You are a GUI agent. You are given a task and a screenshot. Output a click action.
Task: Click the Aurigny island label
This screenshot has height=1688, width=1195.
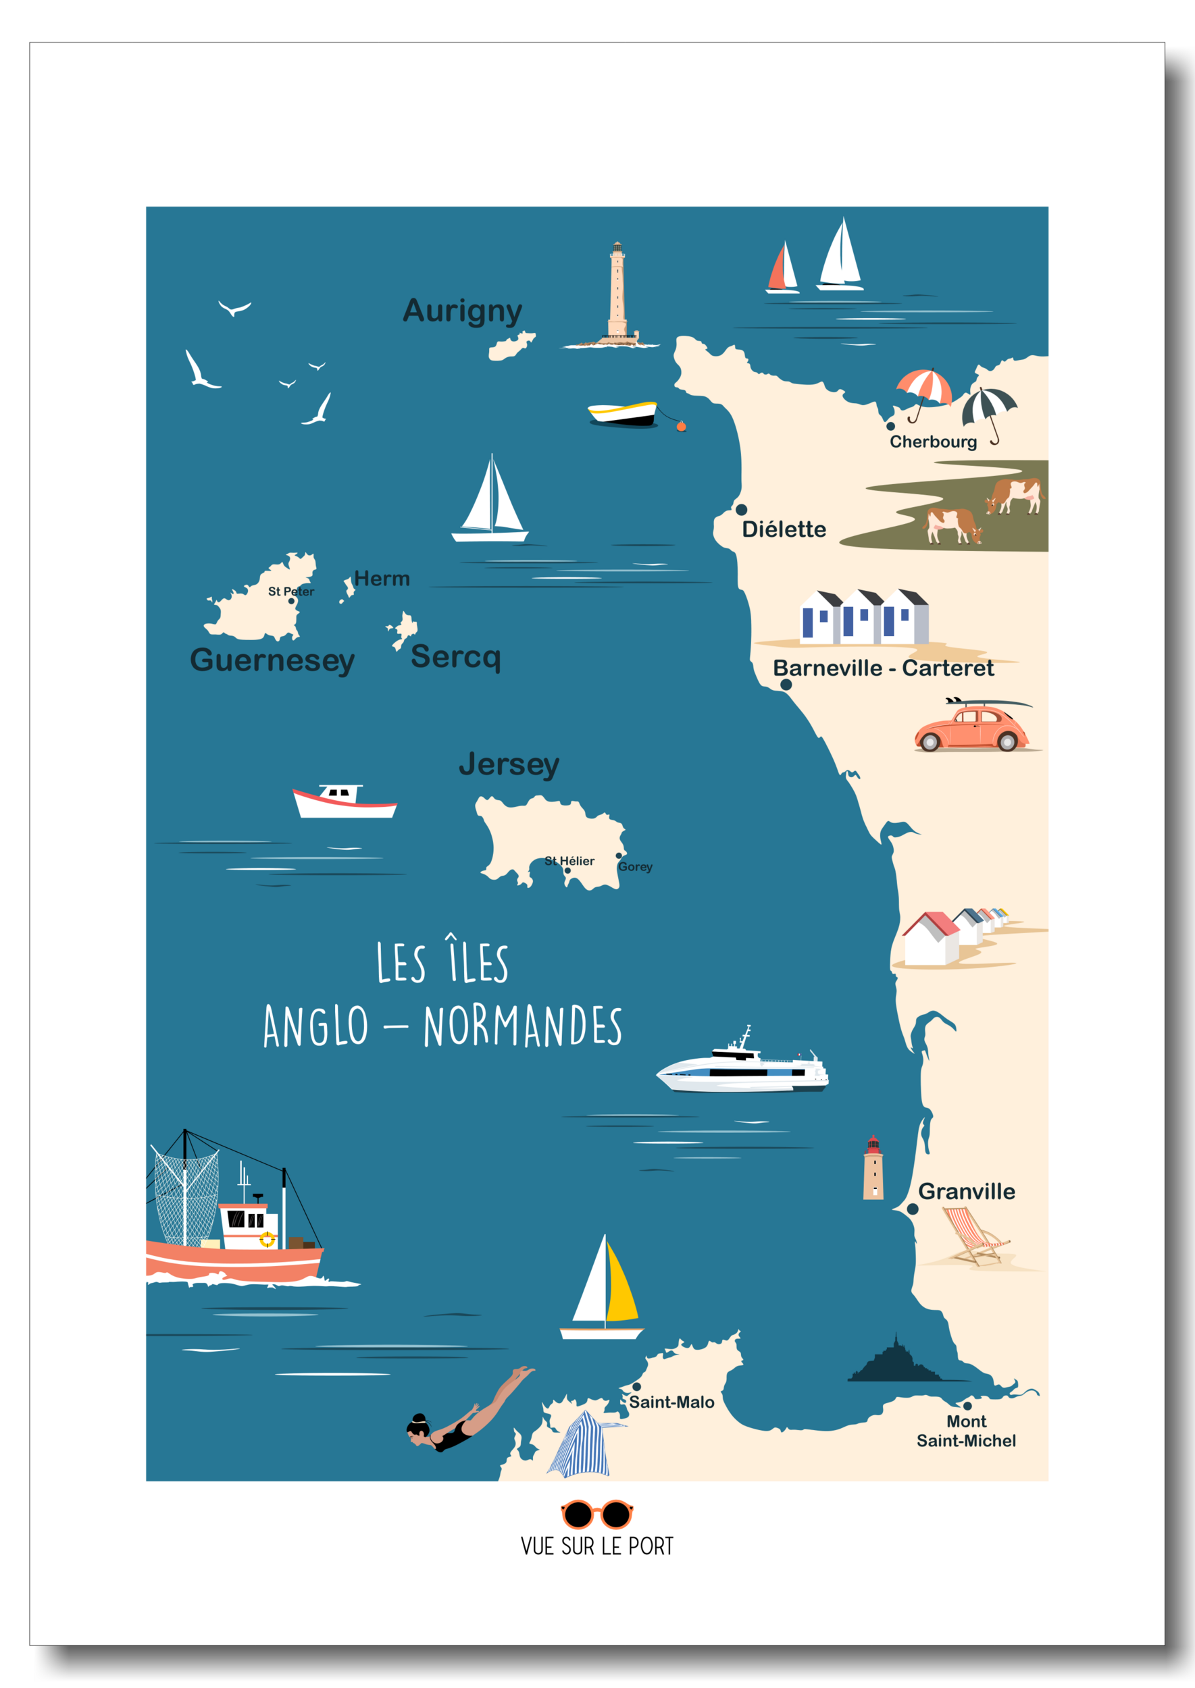(x=462, y=311)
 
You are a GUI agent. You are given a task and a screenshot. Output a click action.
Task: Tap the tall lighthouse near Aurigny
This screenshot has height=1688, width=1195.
(x=617, y=294)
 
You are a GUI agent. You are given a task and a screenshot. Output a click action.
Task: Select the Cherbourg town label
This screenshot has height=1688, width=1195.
(x=933, y=442)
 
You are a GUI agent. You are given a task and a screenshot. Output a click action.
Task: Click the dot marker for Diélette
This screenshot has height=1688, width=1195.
(x=742, y=510)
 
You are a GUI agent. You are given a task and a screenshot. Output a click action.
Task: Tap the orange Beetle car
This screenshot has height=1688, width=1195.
(x=970, y=728)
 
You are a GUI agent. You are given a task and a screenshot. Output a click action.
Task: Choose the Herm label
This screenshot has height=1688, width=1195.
(x=382, y=579)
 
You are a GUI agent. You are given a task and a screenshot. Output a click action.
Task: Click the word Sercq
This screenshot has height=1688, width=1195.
(x=455, y=656)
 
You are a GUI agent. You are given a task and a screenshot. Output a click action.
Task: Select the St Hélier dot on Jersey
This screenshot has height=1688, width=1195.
(x=567, y=871)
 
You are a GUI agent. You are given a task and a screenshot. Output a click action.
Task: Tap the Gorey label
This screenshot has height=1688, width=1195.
(x=635, y=867)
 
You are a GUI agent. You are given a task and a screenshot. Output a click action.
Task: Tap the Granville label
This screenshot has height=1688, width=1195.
(x=966, y=1192)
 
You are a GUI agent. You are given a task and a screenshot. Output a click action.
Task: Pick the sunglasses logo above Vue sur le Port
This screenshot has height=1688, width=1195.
(x=596, y=1514)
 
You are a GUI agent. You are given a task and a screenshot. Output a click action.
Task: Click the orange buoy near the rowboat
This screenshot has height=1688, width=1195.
(x=682, y=427)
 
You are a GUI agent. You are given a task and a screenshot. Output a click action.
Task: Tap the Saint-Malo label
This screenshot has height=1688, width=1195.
(x=671, y=1402)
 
